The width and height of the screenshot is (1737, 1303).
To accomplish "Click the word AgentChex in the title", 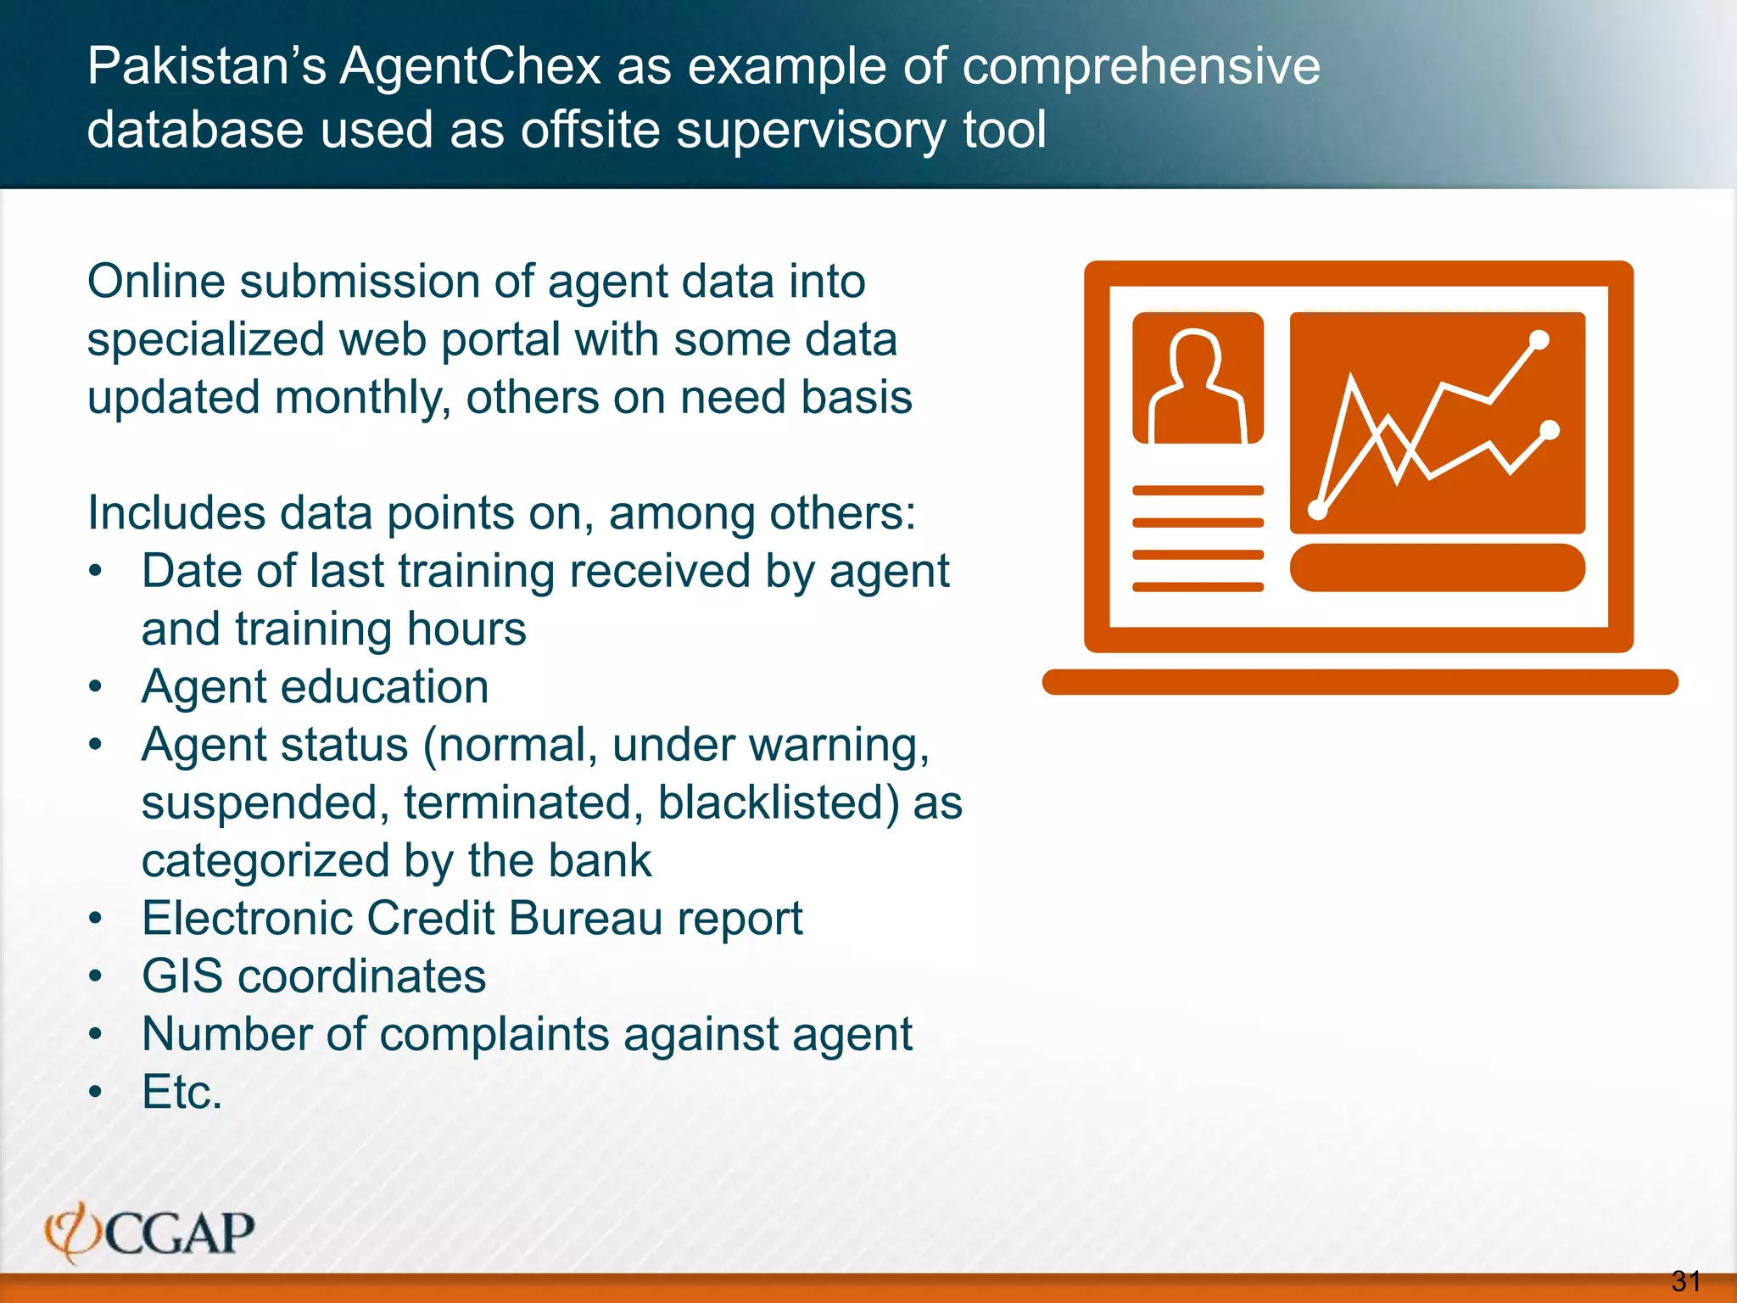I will click(471, 66).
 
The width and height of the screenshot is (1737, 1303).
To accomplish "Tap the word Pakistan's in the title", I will click(206, 66).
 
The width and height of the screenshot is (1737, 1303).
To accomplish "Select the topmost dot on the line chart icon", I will click(1539, 340).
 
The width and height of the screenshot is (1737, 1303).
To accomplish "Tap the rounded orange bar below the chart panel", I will click(1437, 568).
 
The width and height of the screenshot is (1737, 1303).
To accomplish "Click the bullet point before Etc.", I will click(96, 1092).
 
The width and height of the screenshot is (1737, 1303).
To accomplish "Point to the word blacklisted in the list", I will click(778, 802).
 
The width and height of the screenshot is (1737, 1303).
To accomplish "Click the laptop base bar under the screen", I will click(1360, 682).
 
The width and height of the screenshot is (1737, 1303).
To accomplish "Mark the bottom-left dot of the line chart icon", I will click(1318, 510).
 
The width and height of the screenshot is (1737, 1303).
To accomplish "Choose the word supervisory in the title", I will click(811, 131).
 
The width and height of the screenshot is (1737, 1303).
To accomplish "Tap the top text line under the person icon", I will click(1198, 490).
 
